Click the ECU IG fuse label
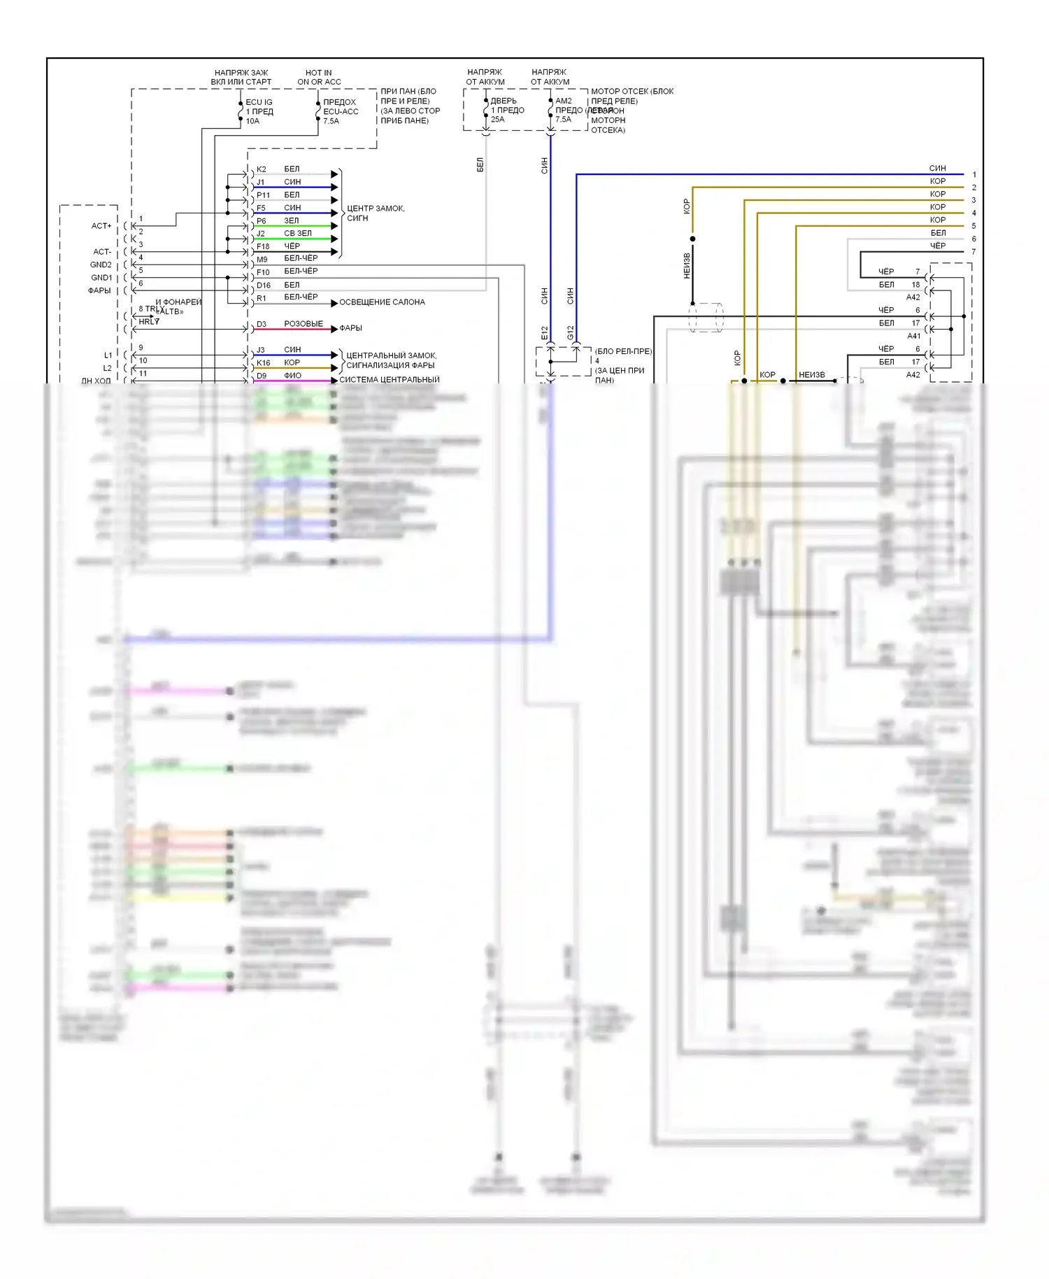coord(259,102)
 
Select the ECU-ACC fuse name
coord(341,111)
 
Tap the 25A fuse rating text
coord(497,120)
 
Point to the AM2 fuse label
coord(563,101)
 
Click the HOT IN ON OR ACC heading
coord(319,77)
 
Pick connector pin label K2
coord(261,169)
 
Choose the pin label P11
coord(263,195)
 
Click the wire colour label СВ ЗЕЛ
coord(298,233)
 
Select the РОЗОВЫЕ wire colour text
coord(304,324)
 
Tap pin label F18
coord(263,246)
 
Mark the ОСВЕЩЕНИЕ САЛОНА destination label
coord(382,302)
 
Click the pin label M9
coord(262,260)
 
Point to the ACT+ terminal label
coord(101,226)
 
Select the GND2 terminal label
coord(101,264)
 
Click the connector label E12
coord(545,333)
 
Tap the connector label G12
coord(571,333)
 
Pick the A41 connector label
coord(913,336)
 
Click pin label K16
coord(263,363)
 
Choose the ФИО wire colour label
coord(292,376)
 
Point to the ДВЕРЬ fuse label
coord(504,101)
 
